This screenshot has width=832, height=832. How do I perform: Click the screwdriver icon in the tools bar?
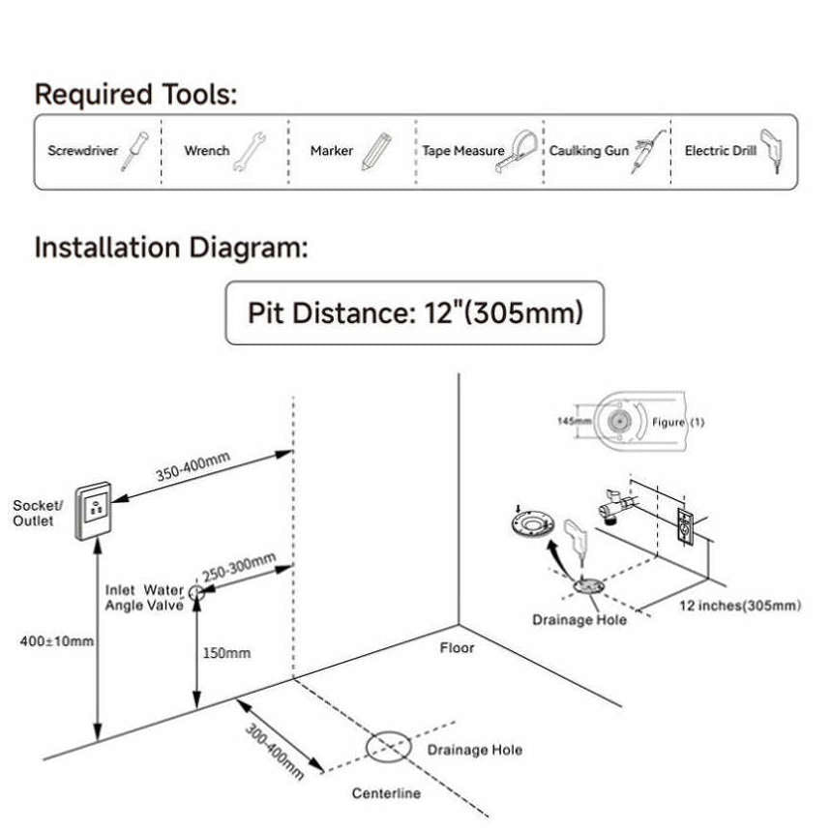point(134,151)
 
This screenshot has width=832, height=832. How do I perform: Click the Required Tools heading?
point(136,95)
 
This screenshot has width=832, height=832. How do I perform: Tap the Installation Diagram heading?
point(171,248)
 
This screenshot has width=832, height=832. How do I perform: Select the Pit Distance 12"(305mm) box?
point(414,313)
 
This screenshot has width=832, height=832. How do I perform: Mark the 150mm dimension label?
point(226,653)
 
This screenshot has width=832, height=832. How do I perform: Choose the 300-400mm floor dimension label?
point(274,752)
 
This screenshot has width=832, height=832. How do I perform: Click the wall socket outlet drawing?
point(96,510)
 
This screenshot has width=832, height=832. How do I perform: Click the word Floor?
point(457,647)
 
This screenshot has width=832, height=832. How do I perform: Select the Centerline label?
point(385,793)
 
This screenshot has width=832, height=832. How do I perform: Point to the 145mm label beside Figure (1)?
point(574,421)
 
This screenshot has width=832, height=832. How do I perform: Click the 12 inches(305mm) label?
point(739,606)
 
